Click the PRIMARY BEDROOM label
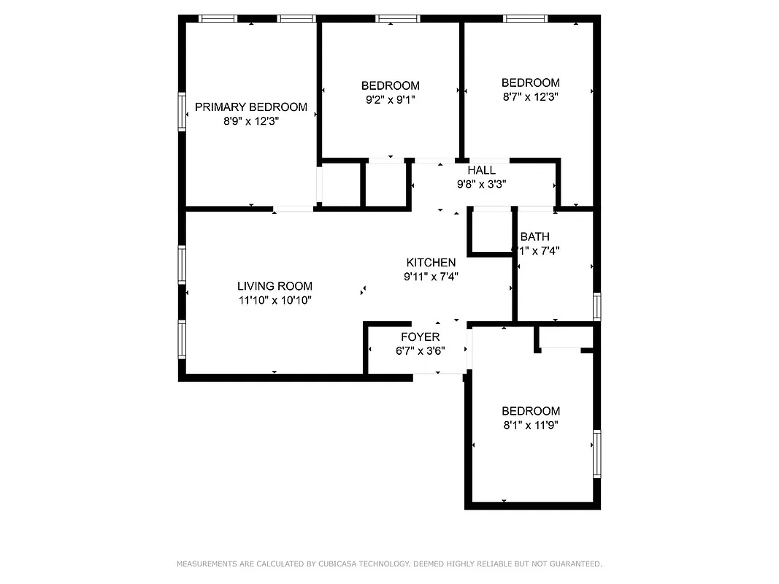[x=250, y=107]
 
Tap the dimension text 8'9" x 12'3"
[x=251, y=121]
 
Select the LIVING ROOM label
[x=275, y=286]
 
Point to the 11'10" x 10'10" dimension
[x=275, y=300]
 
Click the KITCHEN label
[x=431, y=263]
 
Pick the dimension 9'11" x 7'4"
[x=431, y=277]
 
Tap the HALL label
[x=481, y=171]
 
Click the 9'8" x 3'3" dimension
[x=481, y=185]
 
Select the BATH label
[x=534, y=237]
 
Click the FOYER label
[x=421, y=337]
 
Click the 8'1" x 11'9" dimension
[x=531, y=424]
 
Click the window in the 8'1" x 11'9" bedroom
[x=596, y=453]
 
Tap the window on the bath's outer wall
[x=596, y=307]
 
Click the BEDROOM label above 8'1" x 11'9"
[x=531, y=411]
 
